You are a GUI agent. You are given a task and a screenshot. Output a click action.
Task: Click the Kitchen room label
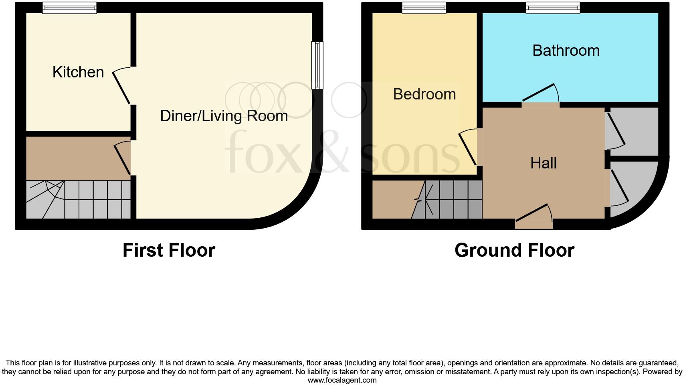[x=78, y=72]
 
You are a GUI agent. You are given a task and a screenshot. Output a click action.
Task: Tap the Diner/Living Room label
[x=224, y=116]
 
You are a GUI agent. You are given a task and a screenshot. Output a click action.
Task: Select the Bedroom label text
[x=424, y=94]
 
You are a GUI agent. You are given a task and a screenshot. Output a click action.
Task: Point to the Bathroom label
[x=566, y=51]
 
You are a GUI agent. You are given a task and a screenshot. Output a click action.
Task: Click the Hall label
[x=543, y=163]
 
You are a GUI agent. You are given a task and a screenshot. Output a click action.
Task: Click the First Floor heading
[x=169, y=250]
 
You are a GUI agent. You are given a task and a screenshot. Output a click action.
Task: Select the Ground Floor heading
[x=514, y=250]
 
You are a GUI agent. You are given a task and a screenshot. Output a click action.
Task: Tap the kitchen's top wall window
[x=69, y=8]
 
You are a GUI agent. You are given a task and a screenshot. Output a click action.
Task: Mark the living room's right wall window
[x=317, y=65]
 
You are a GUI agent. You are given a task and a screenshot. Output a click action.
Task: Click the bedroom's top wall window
[x=424, y=8]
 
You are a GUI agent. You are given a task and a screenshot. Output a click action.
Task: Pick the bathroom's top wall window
[x=553, y=8]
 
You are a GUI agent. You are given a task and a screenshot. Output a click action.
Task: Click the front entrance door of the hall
[x=534, y=217]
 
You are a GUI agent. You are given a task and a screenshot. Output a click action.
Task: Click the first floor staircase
[x=78, y=199]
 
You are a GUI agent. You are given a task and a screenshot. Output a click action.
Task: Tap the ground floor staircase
[x=449, y=199]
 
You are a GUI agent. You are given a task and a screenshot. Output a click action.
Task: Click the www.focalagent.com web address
[x=341, y=380]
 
